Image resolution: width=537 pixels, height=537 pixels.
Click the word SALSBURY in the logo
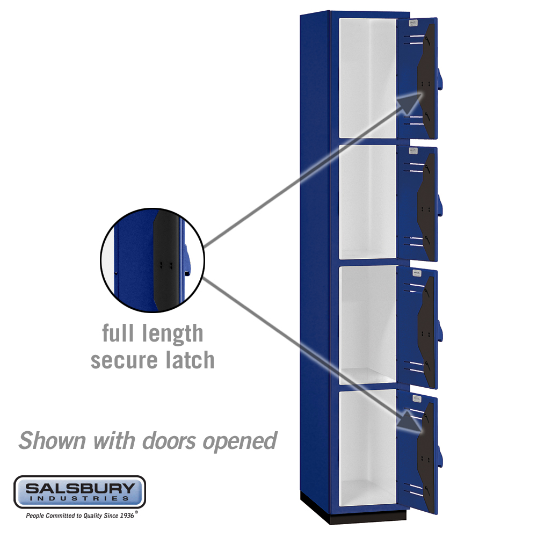tap(80, 488)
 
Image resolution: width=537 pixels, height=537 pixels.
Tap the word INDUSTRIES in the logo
tap(80, 498)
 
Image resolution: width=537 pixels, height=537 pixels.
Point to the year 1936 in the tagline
tap(127, 516)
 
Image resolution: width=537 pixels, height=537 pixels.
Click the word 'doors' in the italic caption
tap(169, 440)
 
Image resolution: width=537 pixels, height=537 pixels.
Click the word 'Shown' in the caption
tap(52, 440)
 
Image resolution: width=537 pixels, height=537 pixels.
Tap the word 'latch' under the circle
tap(190, 360)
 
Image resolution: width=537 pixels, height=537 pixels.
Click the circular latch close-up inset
tap(153, 260)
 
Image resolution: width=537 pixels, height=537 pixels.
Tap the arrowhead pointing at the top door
tap(410, 103)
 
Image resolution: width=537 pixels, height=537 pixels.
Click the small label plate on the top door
tap(413, 23)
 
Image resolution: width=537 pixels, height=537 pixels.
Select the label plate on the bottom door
tap(417, 398)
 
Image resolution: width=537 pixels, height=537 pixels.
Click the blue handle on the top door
tap(439, 79)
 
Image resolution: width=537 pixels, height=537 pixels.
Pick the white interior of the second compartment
tap(367, 202)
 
